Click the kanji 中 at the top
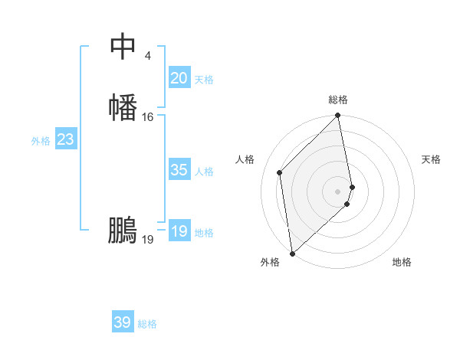point(123,47)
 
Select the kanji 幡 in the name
point(123,107)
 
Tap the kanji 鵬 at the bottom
point(123,231)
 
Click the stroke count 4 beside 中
point(147,55)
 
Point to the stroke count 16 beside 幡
point(148,117)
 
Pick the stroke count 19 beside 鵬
point(148,240)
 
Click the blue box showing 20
point(179,78)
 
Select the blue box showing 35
point(179,170)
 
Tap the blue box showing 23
point(65,139)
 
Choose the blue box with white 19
point(179,231)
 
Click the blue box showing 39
point(123,322)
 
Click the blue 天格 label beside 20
point(204,80)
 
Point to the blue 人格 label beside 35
point(205,172)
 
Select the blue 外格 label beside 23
point(41,141)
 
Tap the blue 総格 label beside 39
point(148,324)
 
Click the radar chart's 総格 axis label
point(338,100)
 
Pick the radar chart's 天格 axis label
point(431,159)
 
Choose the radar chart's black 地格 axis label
point(402,262)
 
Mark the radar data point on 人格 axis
point(280,172)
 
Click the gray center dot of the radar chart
point(338,191)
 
